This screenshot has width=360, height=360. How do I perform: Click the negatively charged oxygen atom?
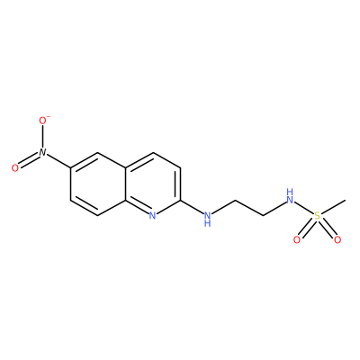tap(42, 121)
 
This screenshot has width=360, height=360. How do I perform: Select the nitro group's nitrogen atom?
tap(42, 152)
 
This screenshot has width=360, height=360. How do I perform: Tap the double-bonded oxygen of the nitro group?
tap(15, 168)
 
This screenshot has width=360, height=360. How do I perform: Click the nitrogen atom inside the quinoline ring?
tap(152, 215)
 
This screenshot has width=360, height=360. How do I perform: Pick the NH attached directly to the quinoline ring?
tap(207, 218)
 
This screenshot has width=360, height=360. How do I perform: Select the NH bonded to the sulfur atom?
tap(290, 196)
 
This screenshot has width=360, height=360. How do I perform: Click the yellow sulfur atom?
tap(317, 215)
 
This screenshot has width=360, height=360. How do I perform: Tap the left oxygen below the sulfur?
tap(297, 240)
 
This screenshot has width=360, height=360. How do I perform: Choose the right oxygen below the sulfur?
tap(337, 240)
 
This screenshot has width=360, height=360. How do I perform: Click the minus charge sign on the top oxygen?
tap(49, 116)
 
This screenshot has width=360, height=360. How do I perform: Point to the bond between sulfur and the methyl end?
tap(333, 206)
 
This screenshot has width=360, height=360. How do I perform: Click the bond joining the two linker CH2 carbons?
tap(249, 207)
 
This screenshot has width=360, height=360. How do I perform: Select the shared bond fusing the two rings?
tap(125, 184)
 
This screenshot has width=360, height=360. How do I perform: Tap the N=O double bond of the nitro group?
tap(29, 160)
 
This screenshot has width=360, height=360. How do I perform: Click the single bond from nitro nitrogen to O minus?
tap(42, 137)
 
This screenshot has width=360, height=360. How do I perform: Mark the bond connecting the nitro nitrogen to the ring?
tap(58, 160)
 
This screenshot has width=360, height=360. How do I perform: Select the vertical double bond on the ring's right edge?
tap(178, 184)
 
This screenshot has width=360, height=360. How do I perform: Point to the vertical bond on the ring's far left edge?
tap(70, 184)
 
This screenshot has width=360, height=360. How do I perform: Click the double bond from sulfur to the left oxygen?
tap(307, 228)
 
